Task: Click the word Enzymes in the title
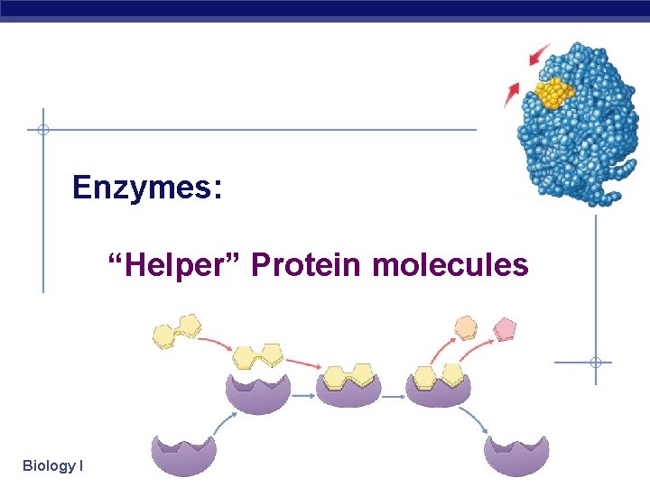(x=142, y=188)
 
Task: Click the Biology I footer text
(x=53, y=465)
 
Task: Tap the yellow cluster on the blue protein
(x=553, y=92)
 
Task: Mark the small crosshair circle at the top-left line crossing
(x=42, y=130)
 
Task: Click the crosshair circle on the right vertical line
(x=595, y=363)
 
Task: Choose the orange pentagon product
(x=465, y=326)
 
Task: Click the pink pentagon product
(x=505, y=328)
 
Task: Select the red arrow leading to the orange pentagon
(x=443, y=347)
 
